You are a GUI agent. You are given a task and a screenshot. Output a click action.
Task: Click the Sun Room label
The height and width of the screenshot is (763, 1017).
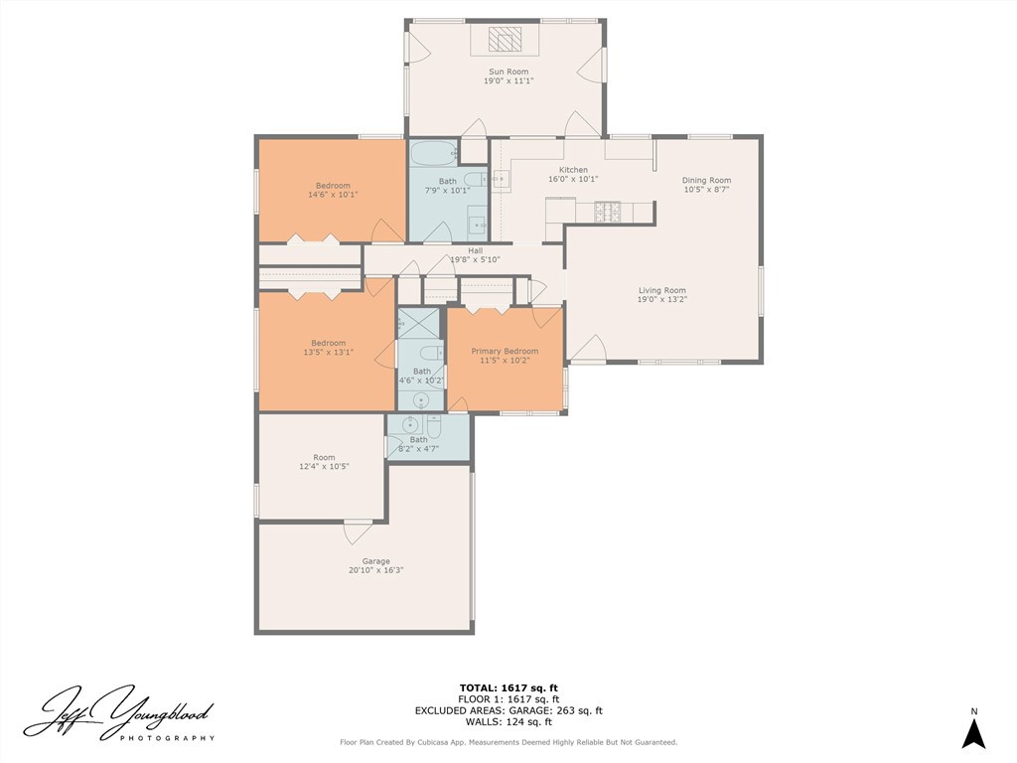pos(508,72)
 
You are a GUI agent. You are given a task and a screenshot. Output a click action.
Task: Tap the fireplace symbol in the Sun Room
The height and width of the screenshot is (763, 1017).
pos(505,39)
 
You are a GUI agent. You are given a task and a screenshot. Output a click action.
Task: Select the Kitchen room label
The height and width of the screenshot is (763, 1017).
pos(573,170)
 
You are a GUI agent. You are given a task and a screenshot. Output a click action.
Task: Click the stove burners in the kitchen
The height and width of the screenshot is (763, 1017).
pos(608,210)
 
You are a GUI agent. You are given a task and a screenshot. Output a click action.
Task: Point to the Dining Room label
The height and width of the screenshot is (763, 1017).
pos(706,181)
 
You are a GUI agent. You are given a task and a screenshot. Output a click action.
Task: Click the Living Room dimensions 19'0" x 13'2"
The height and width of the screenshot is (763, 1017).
pos(662,300)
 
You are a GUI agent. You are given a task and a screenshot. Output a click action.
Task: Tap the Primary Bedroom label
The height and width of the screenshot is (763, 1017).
pos(505,351)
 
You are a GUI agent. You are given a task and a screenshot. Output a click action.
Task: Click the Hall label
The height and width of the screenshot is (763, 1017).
pos(476,250)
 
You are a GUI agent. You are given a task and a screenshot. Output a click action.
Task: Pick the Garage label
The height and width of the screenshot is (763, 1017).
pos(376,561)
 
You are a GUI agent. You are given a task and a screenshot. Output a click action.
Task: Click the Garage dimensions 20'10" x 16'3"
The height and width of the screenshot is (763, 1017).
pos(376,571)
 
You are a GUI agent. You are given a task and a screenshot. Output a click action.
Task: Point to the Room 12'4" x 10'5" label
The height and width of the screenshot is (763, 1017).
pos(325,461)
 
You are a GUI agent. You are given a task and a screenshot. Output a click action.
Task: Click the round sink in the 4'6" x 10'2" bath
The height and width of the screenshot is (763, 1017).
pos(421,400)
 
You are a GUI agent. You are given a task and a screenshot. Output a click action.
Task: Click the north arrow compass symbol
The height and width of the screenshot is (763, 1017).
pos(973,734)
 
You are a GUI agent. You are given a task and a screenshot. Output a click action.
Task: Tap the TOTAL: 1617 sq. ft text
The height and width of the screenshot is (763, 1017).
pos(508,688)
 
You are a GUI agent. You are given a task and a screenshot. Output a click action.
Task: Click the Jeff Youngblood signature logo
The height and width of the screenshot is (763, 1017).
pos(119,713)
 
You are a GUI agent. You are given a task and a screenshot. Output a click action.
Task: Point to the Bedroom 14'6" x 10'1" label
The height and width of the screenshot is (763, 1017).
pos(333,190)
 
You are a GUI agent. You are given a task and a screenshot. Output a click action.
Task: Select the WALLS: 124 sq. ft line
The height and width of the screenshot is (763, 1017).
pos(508,721)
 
